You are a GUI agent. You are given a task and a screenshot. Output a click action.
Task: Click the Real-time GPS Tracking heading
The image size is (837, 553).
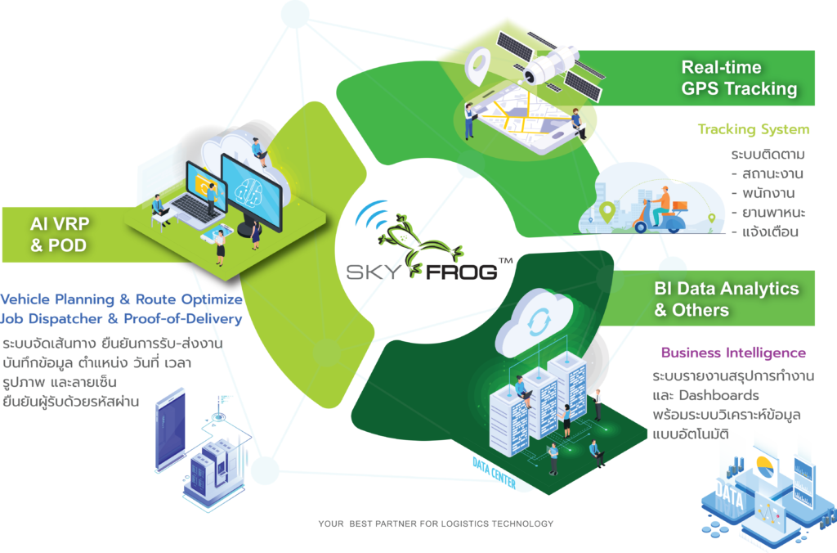738,78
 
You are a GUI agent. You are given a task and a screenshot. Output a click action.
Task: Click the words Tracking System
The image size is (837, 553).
753,129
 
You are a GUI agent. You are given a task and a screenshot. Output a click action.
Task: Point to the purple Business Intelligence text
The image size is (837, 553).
733,353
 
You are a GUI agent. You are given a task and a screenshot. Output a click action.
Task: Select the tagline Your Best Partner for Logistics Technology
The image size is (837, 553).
436,524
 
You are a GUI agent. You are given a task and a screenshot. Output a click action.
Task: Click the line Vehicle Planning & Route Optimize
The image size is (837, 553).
122,300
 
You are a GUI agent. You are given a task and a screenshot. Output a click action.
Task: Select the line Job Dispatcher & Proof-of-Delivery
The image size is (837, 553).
122,318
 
